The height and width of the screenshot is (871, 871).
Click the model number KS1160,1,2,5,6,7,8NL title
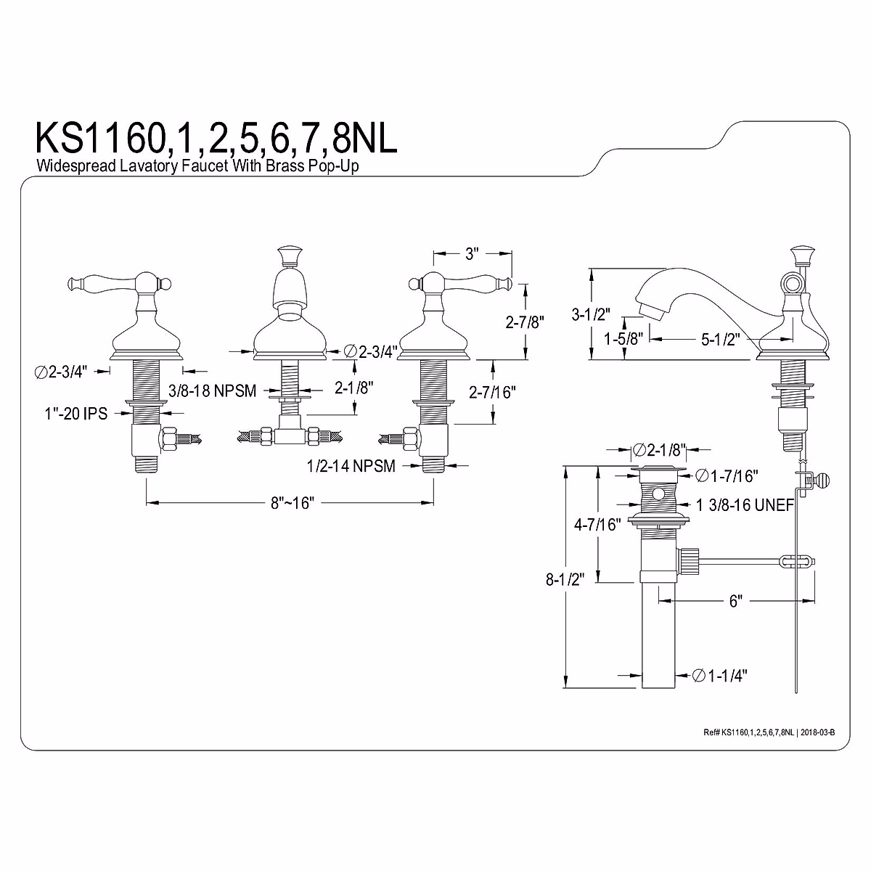tap(216, 139)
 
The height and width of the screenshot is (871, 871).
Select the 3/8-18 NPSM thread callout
tap(212, 391)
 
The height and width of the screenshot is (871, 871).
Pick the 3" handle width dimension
tap(473, 254)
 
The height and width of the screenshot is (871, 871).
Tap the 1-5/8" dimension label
tap(623, 338)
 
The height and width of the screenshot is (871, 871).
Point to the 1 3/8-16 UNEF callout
tap(745, 504)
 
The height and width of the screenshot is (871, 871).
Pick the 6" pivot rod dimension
tap(735, 601)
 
